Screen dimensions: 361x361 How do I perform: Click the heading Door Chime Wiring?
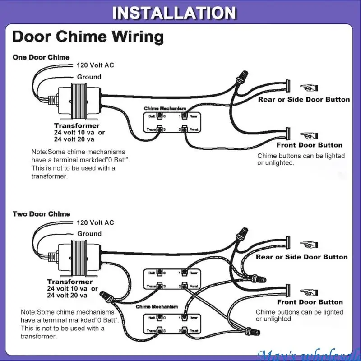88,37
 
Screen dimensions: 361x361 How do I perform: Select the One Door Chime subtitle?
41,57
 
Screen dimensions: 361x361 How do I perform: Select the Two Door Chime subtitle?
41,213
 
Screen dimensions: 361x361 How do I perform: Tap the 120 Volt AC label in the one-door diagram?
95,65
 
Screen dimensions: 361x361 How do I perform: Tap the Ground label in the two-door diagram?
89,234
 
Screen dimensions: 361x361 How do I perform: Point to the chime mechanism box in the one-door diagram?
171,122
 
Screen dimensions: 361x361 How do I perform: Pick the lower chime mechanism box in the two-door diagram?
171,324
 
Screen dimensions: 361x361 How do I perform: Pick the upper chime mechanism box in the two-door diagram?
171,279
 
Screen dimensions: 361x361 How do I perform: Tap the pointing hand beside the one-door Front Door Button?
309,135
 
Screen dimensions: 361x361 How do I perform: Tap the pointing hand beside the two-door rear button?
309,244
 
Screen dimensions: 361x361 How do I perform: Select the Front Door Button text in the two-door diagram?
310,302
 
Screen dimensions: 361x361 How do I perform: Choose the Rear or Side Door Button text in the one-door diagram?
304,99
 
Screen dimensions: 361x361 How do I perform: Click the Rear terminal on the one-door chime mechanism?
185,116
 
